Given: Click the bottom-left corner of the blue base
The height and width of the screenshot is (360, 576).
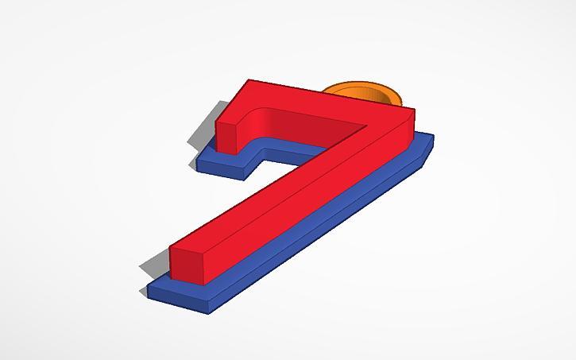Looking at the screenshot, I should [149, 294].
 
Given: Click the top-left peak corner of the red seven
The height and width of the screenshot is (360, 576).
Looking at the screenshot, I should [249, 80].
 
